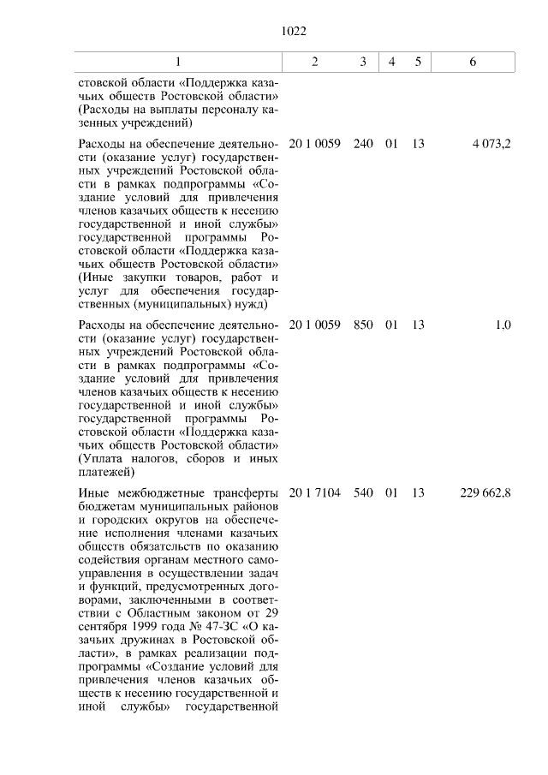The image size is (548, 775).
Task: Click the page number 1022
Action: pyautogui.click(x=294, y=32)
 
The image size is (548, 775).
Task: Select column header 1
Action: pyautogui.click(x=178, y=63)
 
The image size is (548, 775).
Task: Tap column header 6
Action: pyautogui.click(x=473, y=63)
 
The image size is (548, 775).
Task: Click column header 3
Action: pyautogui.click(x=363, y=63)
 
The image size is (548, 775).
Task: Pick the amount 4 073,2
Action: pyautogui.click(x=491, y=144)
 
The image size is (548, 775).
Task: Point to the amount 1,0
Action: pyautogui.click(x=503, y=325)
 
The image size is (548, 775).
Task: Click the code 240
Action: pyautogui.click(x=363, y=144)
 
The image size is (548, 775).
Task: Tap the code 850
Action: pyautogui.click(x=363, y=325)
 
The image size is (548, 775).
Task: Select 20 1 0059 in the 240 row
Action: pyautogui.click(x=315, y=144)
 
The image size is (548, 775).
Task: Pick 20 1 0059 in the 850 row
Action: pyautogui.click(x=315, y=325)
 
